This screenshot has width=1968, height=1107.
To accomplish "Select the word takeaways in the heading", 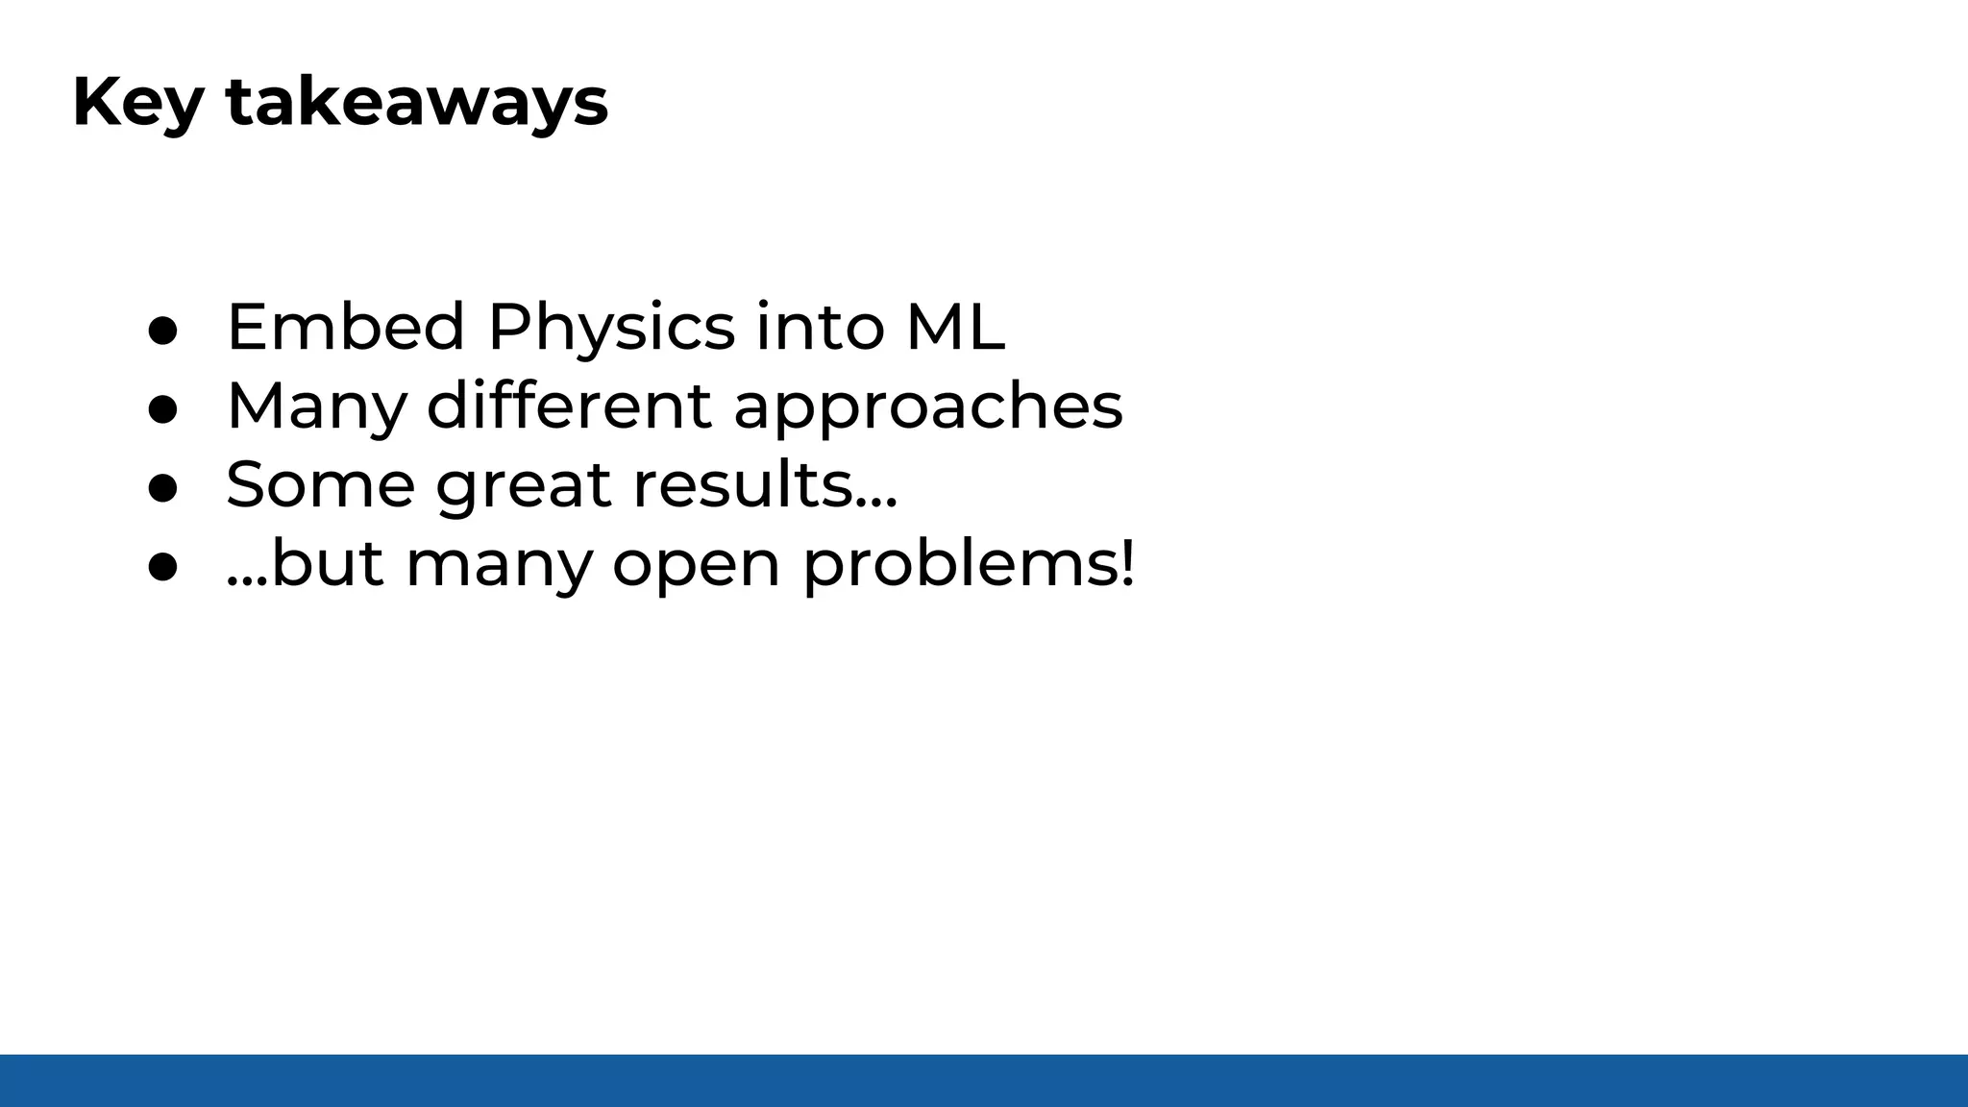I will pos(417,103).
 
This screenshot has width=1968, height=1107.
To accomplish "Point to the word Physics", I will pos(611,329).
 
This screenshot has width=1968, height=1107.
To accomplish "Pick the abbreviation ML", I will pos(955,327).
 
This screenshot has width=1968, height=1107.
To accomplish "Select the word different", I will pos(569,406).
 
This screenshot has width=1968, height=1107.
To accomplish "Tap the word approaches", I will pos(928,407).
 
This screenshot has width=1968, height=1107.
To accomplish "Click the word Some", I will pos(320,484).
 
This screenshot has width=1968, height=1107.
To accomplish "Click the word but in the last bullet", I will pos(327,563).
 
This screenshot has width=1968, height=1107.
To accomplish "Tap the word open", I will pos(696,565).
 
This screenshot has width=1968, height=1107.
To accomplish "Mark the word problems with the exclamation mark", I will pos(969,565).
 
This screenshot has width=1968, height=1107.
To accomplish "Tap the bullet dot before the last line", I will pos(163,567).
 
